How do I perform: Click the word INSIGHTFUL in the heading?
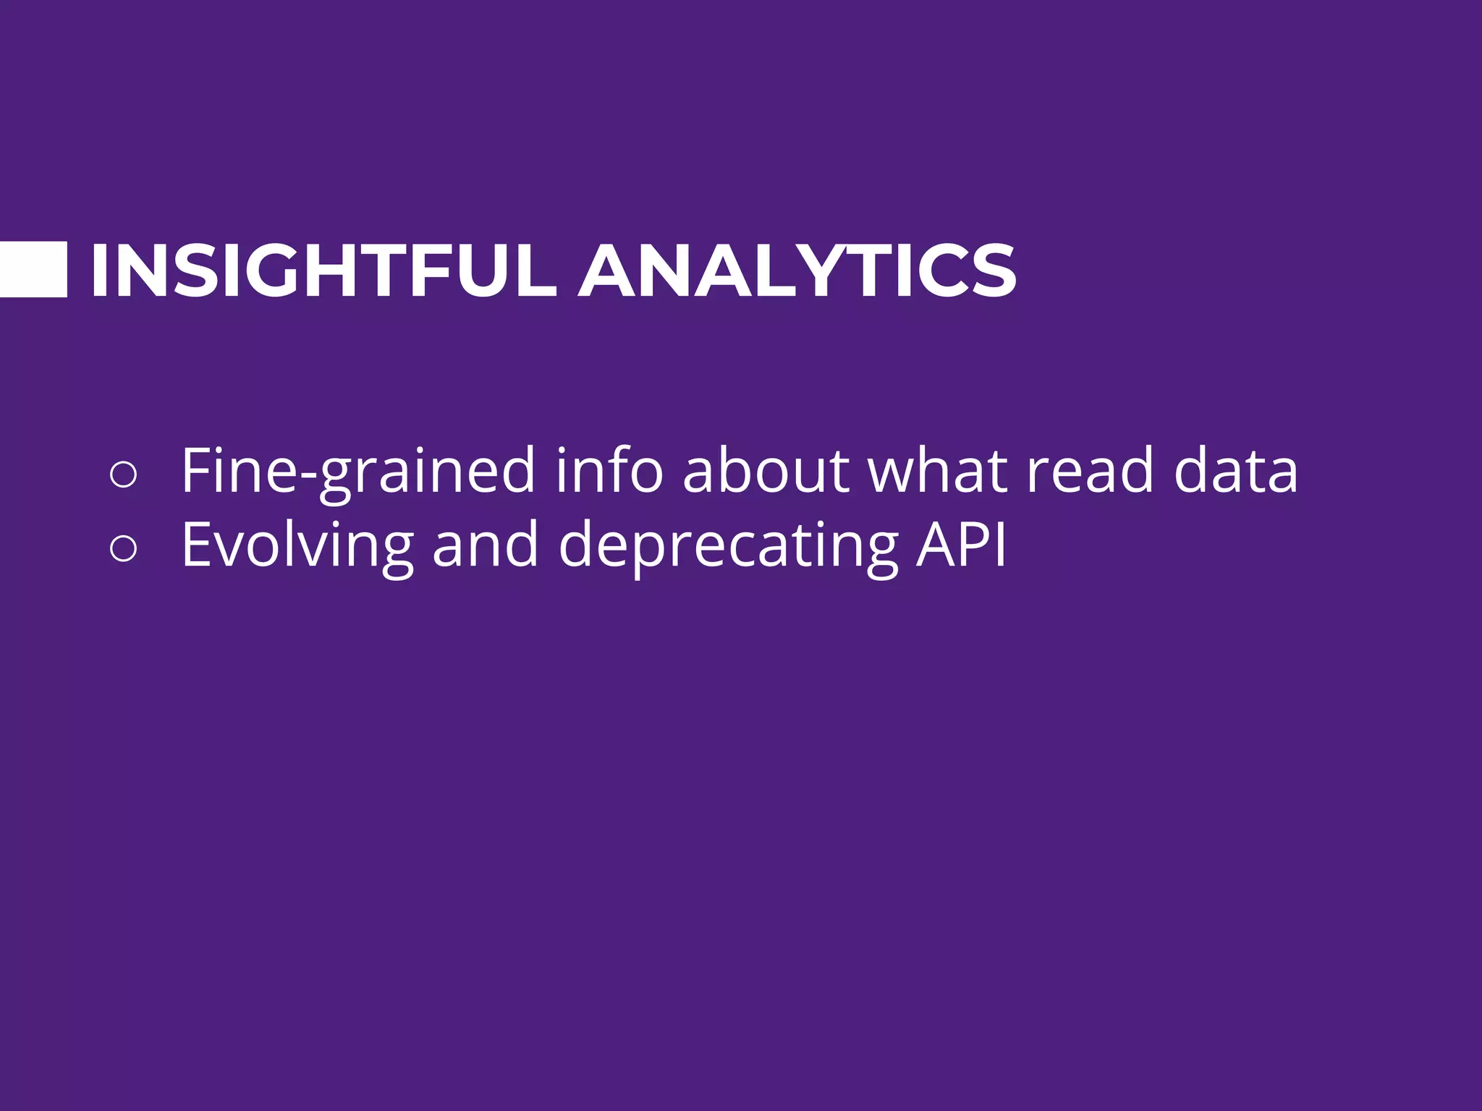tap(323, 271)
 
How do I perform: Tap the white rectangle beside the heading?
tap(33, 270)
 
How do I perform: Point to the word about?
tap(766, 472)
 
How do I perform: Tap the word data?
tap(1235, 472)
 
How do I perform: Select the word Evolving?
tap(297, 546)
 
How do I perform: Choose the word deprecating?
tap(728, 546)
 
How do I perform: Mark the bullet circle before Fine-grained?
tap(123, 475)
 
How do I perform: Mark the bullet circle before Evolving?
tap(123, 549)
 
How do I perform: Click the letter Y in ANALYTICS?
tap(816, 271)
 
